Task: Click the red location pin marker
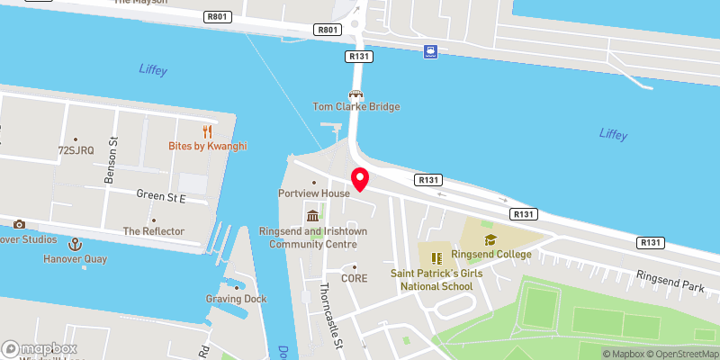tap(360, 178)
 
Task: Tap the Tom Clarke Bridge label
tap(356, 106)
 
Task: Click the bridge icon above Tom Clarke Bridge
tap(356, 94)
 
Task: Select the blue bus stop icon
tap(431, 51)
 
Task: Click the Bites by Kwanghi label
tap(207, 146)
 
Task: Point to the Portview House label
tap(312, 193)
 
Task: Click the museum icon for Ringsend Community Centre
tap(312, 215)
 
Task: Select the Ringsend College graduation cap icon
tap(490, 239)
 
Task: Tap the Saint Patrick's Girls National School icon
tap(437, 257)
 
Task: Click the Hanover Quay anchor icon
tap(76, 244)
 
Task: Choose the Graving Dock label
tap(236, 299)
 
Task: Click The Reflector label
tap(154, 231)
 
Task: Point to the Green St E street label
tap(160, 195)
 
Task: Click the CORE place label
tap(355, 278)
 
